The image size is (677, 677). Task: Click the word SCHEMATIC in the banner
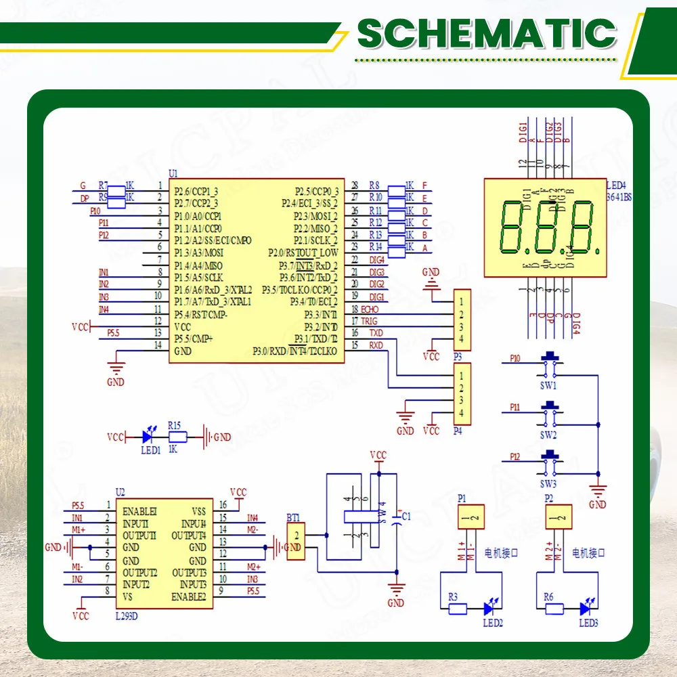pos(487,33)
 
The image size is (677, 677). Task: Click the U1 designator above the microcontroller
pos(172,174)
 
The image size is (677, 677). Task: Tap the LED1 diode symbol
pos(148,437)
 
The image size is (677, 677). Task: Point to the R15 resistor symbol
pos(177,437)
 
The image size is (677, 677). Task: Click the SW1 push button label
pos(548,386)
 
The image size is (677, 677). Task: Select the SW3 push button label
pos(548,484)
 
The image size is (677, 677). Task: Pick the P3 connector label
pos(458,355)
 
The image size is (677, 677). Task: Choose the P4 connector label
pos(458,431)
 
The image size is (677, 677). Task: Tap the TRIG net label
pos(369,321)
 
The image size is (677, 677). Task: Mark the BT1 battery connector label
pos(293,517)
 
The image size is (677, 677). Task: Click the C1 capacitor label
pos(406,517)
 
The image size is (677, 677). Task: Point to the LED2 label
pos(492,623)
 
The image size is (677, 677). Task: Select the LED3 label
pos(588,623)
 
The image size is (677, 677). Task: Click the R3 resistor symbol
pos(457,609)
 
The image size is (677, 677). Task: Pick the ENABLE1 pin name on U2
pos(140,510)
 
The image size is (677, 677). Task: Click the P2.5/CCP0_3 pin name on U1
pos(316,191)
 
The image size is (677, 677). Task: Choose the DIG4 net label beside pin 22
pos(377,259)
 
